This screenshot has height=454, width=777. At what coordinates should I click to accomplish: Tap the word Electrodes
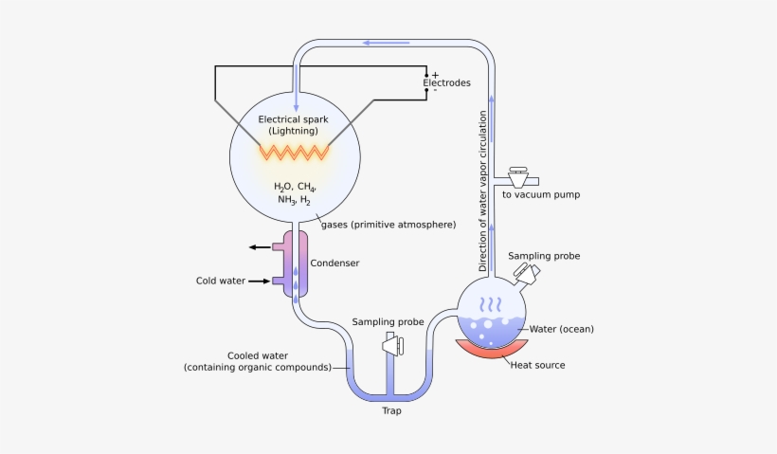pos(446,83)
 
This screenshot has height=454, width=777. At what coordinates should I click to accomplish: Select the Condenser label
pos(336,263)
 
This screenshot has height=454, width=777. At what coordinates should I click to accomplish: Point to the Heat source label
pos(537,365)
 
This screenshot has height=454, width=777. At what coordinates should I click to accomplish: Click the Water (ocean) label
pos(561,329)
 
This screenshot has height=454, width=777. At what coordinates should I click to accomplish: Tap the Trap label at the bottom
pos(391,411)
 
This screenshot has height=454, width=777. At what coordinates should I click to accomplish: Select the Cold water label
pos(220,281)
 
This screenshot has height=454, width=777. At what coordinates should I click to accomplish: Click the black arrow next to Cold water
pos(260,281)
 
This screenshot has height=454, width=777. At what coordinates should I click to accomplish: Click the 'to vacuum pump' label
pos(541,194)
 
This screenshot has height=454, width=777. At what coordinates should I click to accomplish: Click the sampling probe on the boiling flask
pos(526,273)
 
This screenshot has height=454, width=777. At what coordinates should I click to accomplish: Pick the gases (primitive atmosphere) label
pos(389,225)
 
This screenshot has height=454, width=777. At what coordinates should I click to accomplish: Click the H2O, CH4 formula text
pos(295,187)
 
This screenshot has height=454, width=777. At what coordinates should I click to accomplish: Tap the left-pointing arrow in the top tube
pos(383,43)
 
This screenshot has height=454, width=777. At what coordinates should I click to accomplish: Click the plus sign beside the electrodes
pos(435,74)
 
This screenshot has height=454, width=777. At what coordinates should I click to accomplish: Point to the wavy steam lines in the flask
pos(490,304)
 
